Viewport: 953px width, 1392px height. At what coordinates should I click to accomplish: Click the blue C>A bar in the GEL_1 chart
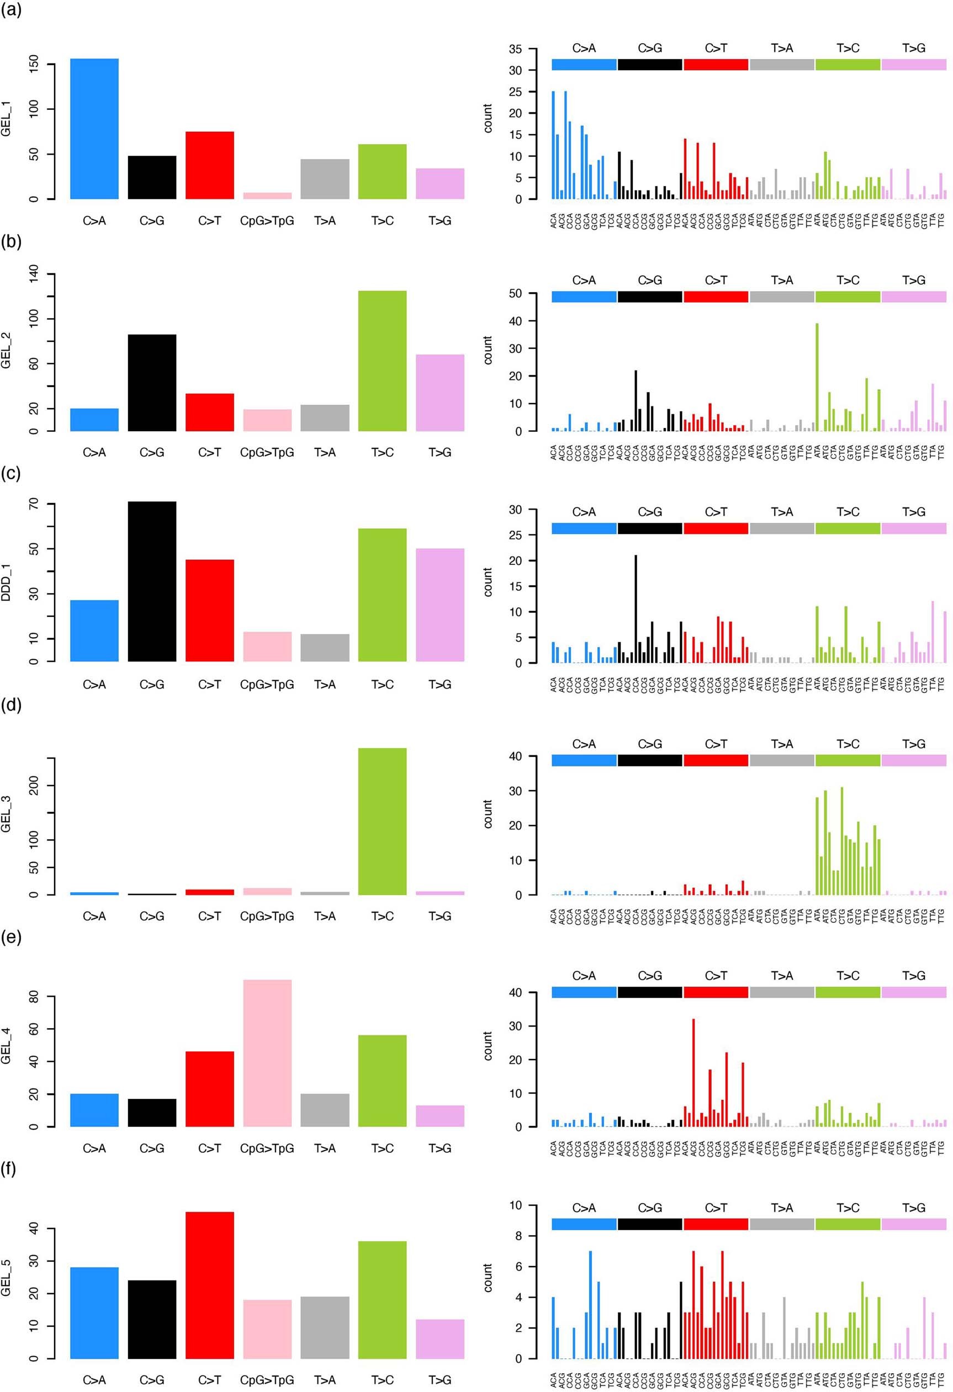[94, 129]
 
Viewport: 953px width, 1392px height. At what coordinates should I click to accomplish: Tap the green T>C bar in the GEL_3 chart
[382, 821]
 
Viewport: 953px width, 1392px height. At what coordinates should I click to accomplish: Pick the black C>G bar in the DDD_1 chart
[152, 581]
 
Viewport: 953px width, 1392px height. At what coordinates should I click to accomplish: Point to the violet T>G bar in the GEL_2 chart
[440, 393]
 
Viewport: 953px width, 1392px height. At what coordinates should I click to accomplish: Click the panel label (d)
[11, 705]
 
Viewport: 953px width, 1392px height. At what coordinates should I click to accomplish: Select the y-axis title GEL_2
[7, 352]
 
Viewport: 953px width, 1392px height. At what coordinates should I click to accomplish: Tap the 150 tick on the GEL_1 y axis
[34, 63]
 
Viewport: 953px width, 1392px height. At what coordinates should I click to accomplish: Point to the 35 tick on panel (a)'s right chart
[515, 49]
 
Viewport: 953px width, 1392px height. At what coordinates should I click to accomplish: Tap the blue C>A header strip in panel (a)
[584, 65]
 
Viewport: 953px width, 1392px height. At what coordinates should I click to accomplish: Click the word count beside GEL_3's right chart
[488, 814]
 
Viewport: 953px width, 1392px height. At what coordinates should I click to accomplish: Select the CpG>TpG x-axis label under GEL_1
[267, 221]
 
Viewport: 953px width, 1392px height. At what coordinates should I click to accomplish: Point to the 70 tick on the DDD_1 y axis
[34, 504]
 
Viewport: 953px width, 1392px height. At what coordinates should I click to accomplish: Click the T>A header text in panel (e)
[782, 976]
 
